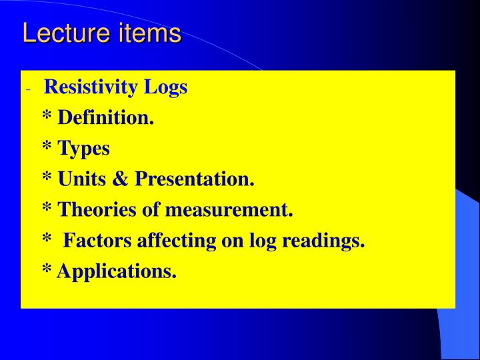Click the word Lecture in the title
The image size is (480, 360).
62,33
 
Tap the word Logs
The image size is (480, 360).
169,87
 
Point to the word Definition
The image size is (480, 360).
105,118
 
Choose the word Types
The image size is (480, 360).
83,149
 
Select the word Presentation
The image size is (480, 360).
194,179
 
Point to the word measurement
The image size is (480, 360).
229,210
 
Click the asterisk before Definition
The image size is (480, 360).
47,117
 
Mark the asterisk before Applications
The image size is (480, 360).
47,270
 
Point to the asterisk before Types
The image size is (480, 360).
47,147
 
